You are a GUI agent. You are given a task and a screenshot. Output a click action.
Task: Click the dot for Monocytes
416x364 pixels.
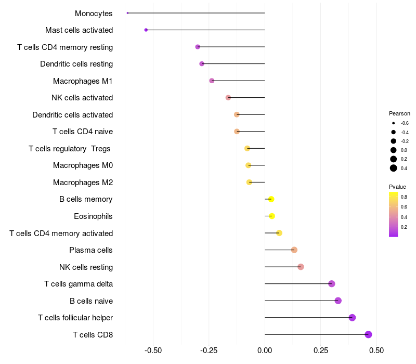(127, 13)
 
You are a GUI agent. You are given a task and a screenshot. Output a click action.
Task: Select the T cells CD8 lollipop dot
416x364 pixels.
(368, 334)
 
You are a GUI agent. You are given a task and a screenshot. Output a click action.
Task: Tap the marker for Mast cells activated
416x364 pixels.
(146, 30)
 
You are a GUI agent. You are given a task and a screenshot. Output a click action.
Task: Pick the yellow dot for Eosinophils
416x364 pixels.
(271, 216)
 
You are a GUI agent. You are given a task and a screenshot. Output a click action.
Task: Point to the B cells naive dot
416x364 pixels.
(338, 301)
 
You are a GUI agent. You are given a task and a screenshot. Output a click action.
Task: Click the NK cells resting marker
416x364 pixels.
(301, 267)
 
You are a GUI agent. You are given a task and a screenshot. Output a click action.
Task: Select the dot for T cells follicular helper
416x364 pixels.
(352, 317)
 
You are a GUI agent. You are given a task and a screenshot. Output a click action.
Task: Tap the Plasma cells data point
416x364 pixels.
(294, 250)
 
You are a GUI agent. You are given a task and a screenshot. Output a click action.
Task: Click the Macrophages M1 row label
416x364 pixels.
(83, 81)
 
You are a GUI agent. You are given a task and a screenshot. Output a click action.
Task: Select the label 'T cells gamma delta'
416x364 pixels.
(79, 284)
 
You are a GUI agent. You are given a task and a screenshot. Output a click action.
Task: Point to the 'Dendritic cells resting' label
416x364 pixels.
(76, 64)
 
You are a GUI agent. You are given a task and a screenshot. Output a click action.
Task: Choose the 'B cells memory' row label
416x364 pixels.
(86, 199)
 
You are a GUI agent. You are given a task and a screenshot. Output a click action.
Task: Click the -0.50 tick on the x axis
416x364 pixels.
(153, 350)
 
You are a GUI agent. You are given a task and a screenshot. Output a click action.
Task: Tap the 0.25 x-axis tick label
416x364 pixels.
(320, 350)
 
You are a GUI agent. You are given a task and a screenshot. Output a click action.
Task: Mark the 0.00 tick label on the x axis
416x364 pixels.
(265, 350)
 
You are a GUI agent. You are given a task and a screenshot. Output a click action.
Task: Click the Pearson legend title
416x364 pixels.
(399, 113)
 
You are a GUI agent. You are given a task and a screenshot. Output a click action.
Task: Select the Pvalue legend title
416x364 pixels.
(397, 186)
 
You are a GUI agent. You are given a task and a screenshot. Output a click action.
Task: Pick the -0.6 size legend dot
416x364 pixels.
(394, 123)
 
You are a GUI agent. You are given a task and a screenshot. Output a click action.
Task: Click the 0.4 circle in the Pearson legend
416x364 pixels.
(394, 168)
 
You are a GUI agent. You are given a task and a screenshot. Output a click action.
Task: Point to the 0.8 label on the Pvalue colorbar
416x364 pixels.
(404, 197)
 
